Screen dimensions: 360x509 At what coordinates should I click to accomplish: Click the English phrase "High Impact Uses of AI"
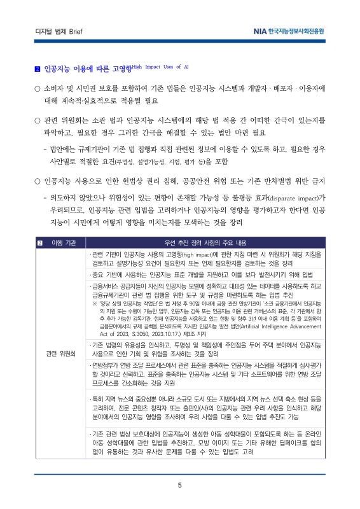click(160, 66)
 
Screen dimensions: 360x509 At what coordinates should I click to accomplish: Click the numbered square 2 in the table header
click(39, 243)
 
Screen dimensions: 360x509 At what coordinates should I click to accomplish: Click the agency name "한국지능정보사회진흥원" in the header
click(294, 31)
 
